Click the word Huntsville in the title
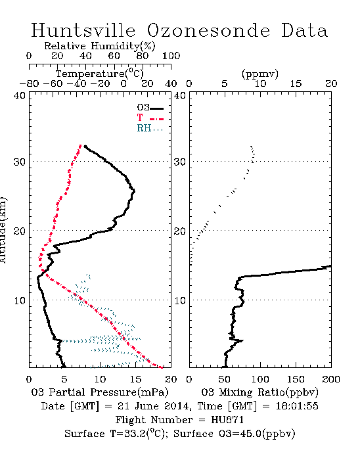click(x=83, y=30)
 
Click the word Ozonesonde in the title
click(x=208, y=30)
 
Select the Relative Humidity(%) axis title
click(x=99, y=46)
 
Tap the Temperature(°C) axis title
click(x=99, y=74)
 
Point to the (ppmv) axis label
click(x=260, y=74)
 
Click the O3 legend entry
click(x=150, y=107)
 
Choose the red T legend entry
click(x=150, y=118)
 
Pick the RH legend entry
click(x=150, y=128)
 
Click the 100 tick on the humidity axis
click(x=171, y=56)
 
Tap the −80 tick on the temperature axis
click(x=29, y=83)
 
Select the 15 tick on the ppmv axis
click(x=296, y=83)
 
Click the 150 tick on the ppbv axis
click(x=296, y=379)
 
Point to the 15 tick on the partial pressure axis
click(x=135, y=379)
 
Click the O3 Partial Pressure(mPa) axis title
click(x=100, y=392)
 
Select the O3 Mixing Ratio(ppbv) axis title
click(x=259, y=392)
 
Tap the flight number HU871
click(x=227, y=420)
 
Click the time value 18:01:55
click(x=297, y=406)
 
